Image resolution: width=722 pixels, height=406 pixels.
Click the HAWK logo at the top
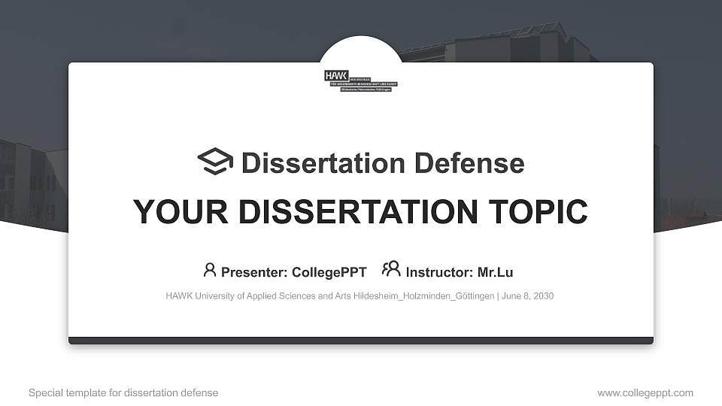pos(361,80)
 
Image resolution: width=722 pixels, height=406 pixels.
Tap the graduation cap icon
pos(215,162)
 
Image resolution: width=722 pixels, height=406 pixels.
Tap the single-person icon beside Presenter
pos(210,270)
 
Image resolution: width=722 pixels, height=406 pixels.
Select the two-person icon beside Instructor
pos(391,269)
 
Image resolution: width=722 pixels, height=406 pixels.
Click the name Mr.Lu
pos(496,272)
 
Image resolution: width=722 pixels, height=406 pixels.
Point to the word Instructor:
pos(439,272)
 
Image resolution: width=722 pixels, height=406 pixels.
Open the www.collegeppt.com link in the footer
pos(645,392)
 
